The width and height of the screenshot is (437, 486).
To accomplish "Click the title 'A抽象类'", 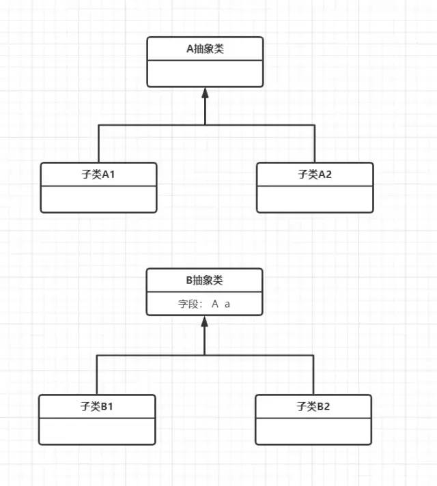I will pyautogui.click(x=205, y=48).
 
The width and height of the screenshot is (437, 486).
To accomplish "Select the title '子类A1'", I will pyautogui.click(x=98, y=174).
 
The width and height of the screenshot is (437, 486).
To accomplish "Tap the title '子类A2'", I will pyautogui.click(x=315, y=174).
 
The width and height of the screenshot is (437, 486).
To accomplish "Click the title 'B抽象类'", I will pyautogui.click(x=204, y=280).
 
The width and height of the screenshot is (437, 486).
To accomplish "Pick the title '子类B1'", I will pyautogui.click(x=96, y=406).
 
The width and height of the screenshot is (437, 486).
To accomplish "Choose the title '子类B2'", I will pyautogui.click(x=313, y=406).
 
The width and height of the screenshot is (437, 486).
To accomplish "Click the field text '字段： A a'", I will pyautogui.click(x=204, y=304).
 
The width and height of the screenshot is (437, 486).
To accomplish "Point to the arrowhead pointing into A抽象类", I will pyautogui.click(x=205, y=93).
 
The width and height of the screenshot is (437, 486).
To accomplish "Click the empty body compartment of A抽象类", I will pyautogui.click(x=205, y=73).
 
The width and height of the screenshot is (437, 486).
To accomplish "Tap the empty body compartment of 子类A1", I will pyautogui.click(x=98, y=199).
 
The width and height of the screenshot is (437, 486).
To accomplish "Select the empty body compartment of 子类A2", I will pyautogui.click(x=315, y=199).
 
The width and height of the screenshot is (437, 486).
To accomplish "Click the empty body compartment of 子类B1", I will pyautogui.click(x=96, y=431).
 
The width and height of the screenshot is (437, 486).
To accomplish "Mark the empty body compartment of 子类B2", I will pyautogui.click(x=313, y=431).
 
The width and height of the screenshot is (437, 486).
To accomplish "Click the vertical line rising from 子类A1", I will pyautogui.click(x=98, y=144).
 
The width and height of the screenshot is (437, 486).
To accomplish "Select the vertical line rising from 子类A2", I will pyautogui.click(x=315, y=144).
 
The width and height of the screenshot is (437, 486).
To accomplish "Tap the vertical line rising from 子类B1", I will pyautogui.click(x=96, y=375).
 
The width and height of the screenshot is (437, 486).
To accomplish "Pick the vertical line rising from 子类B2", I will pyautogui.click(x=313, y=375).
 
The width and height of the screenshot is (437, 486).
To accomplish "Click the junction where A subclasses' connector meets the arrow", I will pyautogui.click(x=205, y=125).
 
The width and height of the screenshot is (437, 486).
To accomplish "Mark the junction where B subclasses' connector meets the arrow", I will pyautogui.click(x=204, y=356).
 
